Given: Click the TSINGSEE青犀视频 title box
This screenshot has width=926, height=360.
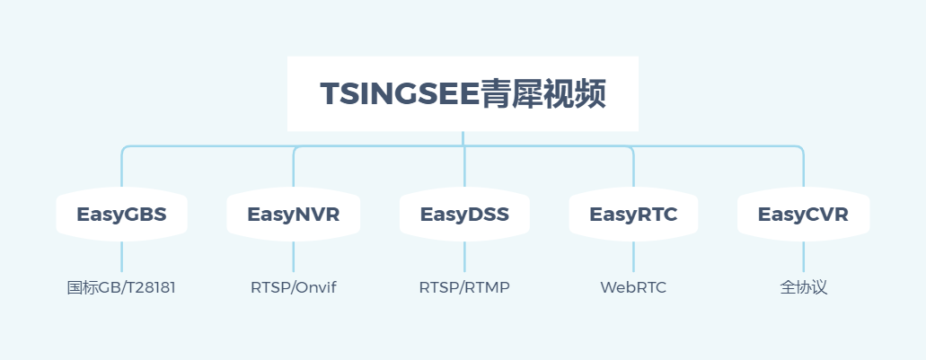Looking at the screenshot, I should click(x=463, y=93).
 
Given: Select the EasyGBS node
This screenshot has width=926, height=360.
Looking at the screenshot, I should click(x=121, y=215).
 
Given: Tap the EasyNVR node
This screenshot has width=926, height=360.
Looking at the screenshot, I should click(x=293, y=215).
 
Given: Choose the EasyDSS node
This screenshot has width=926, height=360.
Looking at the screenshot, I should click(x=464, y=215).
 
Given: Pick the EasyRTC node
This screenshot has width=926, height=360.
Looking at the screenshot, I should click(x=633, y=215).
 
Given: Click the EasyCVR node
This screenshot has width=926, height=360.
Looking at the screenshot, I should click(x=803, y=215).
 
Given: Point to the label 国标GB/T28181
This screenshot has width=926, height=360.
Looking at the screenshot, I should click(x=121, y=288).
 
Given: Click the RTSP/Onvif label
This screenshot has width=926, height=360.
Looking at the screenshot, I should click(x=293, y=288).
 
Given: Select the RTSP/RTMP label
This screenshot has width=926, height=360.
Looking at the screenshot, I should click(x=464, y=288).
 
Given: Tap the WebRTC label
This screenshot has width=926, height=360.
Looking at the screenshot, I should click(x=633, y=288).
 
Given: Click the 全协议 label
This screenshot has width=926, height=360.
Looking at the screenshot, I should click(x=803, y=288).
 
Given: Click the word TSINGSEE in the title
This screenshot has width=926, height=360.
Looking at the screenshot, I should click(x=400, y=94).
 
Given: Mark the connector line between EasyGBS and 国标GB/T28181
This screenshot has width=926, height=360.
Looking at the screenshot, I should click(x=121, y=257).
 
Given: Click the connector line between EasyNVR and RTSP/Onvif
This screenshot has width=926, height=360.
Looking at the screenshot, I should click(x=294, y=257).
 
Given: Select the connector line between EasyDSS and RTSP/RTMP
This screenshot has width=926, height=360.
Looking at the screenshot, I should click(x=464, y=257).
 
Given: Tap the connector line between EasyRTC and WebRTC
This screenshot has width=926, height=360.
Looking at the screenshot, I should click(x=633, y=257).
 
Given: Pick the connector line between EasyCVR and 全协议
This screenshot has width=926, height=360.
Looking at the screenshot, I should click(x=803, y=257).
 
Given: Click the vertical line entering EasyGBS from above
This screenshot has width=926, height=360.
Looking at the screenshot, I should click(x=121, y=171).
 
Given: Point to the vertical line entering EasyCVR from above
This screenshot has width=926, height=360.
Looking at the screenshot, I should click(x=803, y=171).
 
